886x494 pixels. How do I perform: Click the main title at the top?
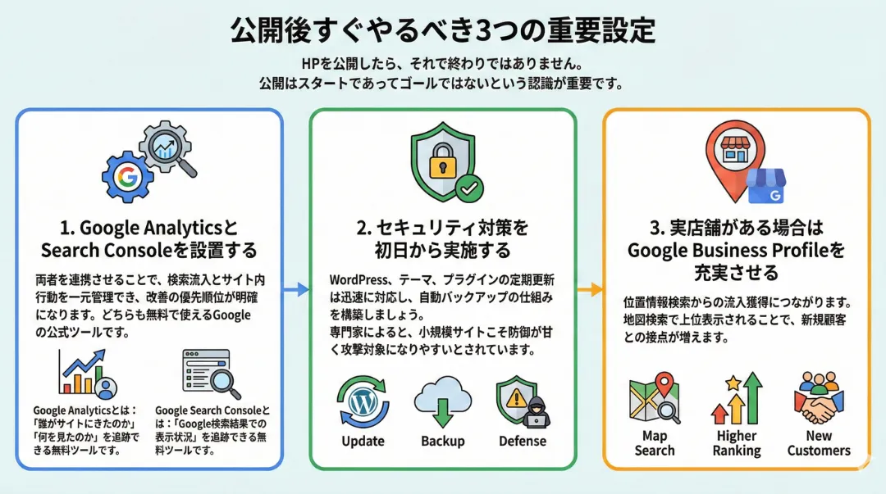coord(442,30)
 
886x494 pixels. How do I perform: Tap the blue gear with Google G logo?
coord(128,177)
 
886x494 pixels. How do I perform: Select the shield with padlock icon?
coord(441,161)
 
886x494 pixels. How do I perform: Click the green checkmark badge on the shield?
coord(469,188)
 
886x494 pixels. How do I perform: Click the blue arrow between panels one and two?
coord(296,288)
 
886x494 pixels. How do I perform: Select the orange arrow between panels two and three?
coord(589,288)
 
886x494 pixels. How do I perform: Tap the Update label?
coord(363,441)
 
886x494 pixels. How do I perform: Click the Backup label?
coord(443,441)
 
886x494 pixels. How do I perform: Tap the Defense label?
coord(523,441)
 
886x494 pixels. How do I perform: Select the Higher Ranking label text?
coord(737,443)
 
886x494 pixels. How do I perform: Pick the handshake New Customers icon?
coord(819,398)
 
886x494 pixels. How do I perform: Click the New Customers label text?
coord(819,443)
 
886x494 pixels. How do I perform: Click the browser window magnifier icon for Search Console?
coord(209,374)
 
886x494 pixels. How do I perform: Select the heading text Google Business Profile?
coord(736,250)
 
